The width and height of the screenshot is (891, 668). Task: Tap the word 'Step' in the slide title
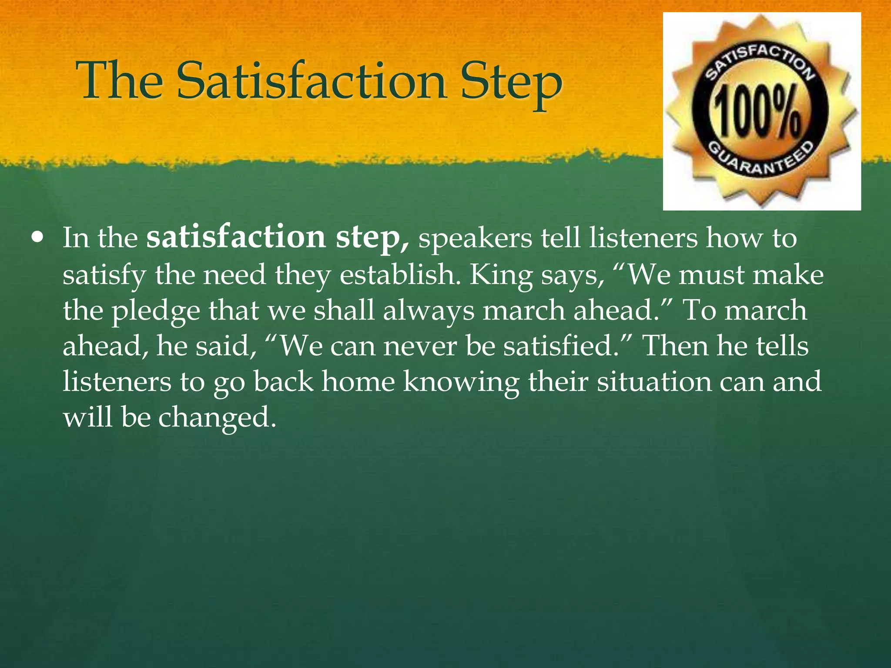coord(512,83)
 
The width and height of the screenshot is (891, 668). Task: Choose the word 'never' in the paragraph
coord(419,346)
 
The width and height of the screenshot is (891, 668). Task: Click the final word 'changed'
coord(217,417)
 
